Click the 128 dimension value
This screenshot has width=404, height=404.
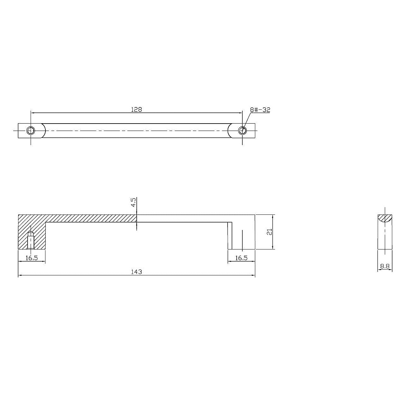click(136, 110)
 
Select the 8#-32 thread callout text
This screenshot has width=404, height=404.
click(260, 110)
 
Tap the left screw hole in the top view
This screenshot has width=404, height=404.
click(31, 131)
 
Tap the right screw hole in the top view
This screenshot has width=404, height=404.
click(242, 131)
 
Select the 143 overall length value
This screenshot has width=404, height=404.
click(136, 272)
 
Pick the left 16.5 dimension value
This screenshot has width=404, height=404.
click(32, 258)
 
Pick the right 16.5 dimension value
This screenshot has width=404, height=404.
click(241, 258)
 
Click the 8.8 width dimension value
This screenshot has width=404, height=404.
click(385, 266)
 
